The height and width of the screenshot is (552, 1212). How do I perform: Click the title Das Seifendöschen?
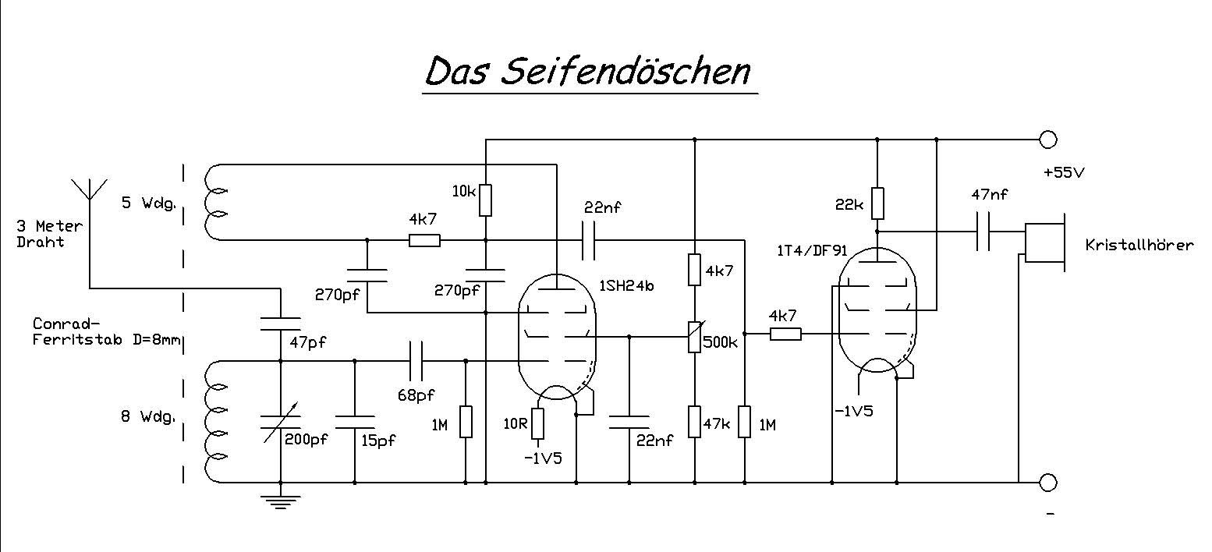click(588, 72)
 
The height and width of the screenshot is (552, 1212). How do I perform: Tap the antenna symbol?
click(90, 189)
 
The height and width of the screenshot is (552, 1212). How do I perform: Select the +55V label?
click(1063, 173)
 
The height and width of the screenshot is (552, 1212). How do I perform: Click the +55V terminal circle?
click(1048, 140)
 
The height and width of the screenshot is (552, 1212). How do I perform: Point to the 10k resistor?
click(485, 200)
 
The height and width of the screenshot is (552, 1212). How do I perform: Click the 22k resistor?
click(877, 203)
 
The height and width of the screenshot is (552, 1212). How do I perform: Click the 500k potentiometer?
click(694, 338)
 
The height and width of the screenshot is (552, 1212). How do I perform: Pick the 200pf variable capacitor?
click(280, 421)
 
